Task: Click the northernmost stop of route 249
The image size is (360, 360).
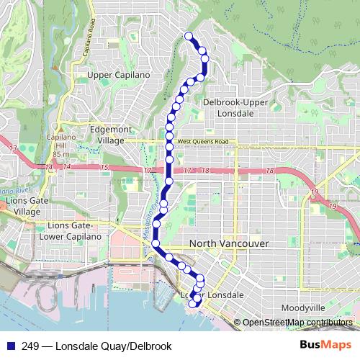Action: (x=189, y=36)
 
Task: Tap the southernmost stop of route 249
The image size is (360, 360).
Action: (x=192, y=305)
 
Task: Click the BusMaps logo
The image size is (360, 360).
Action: (x=326, y=344)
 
